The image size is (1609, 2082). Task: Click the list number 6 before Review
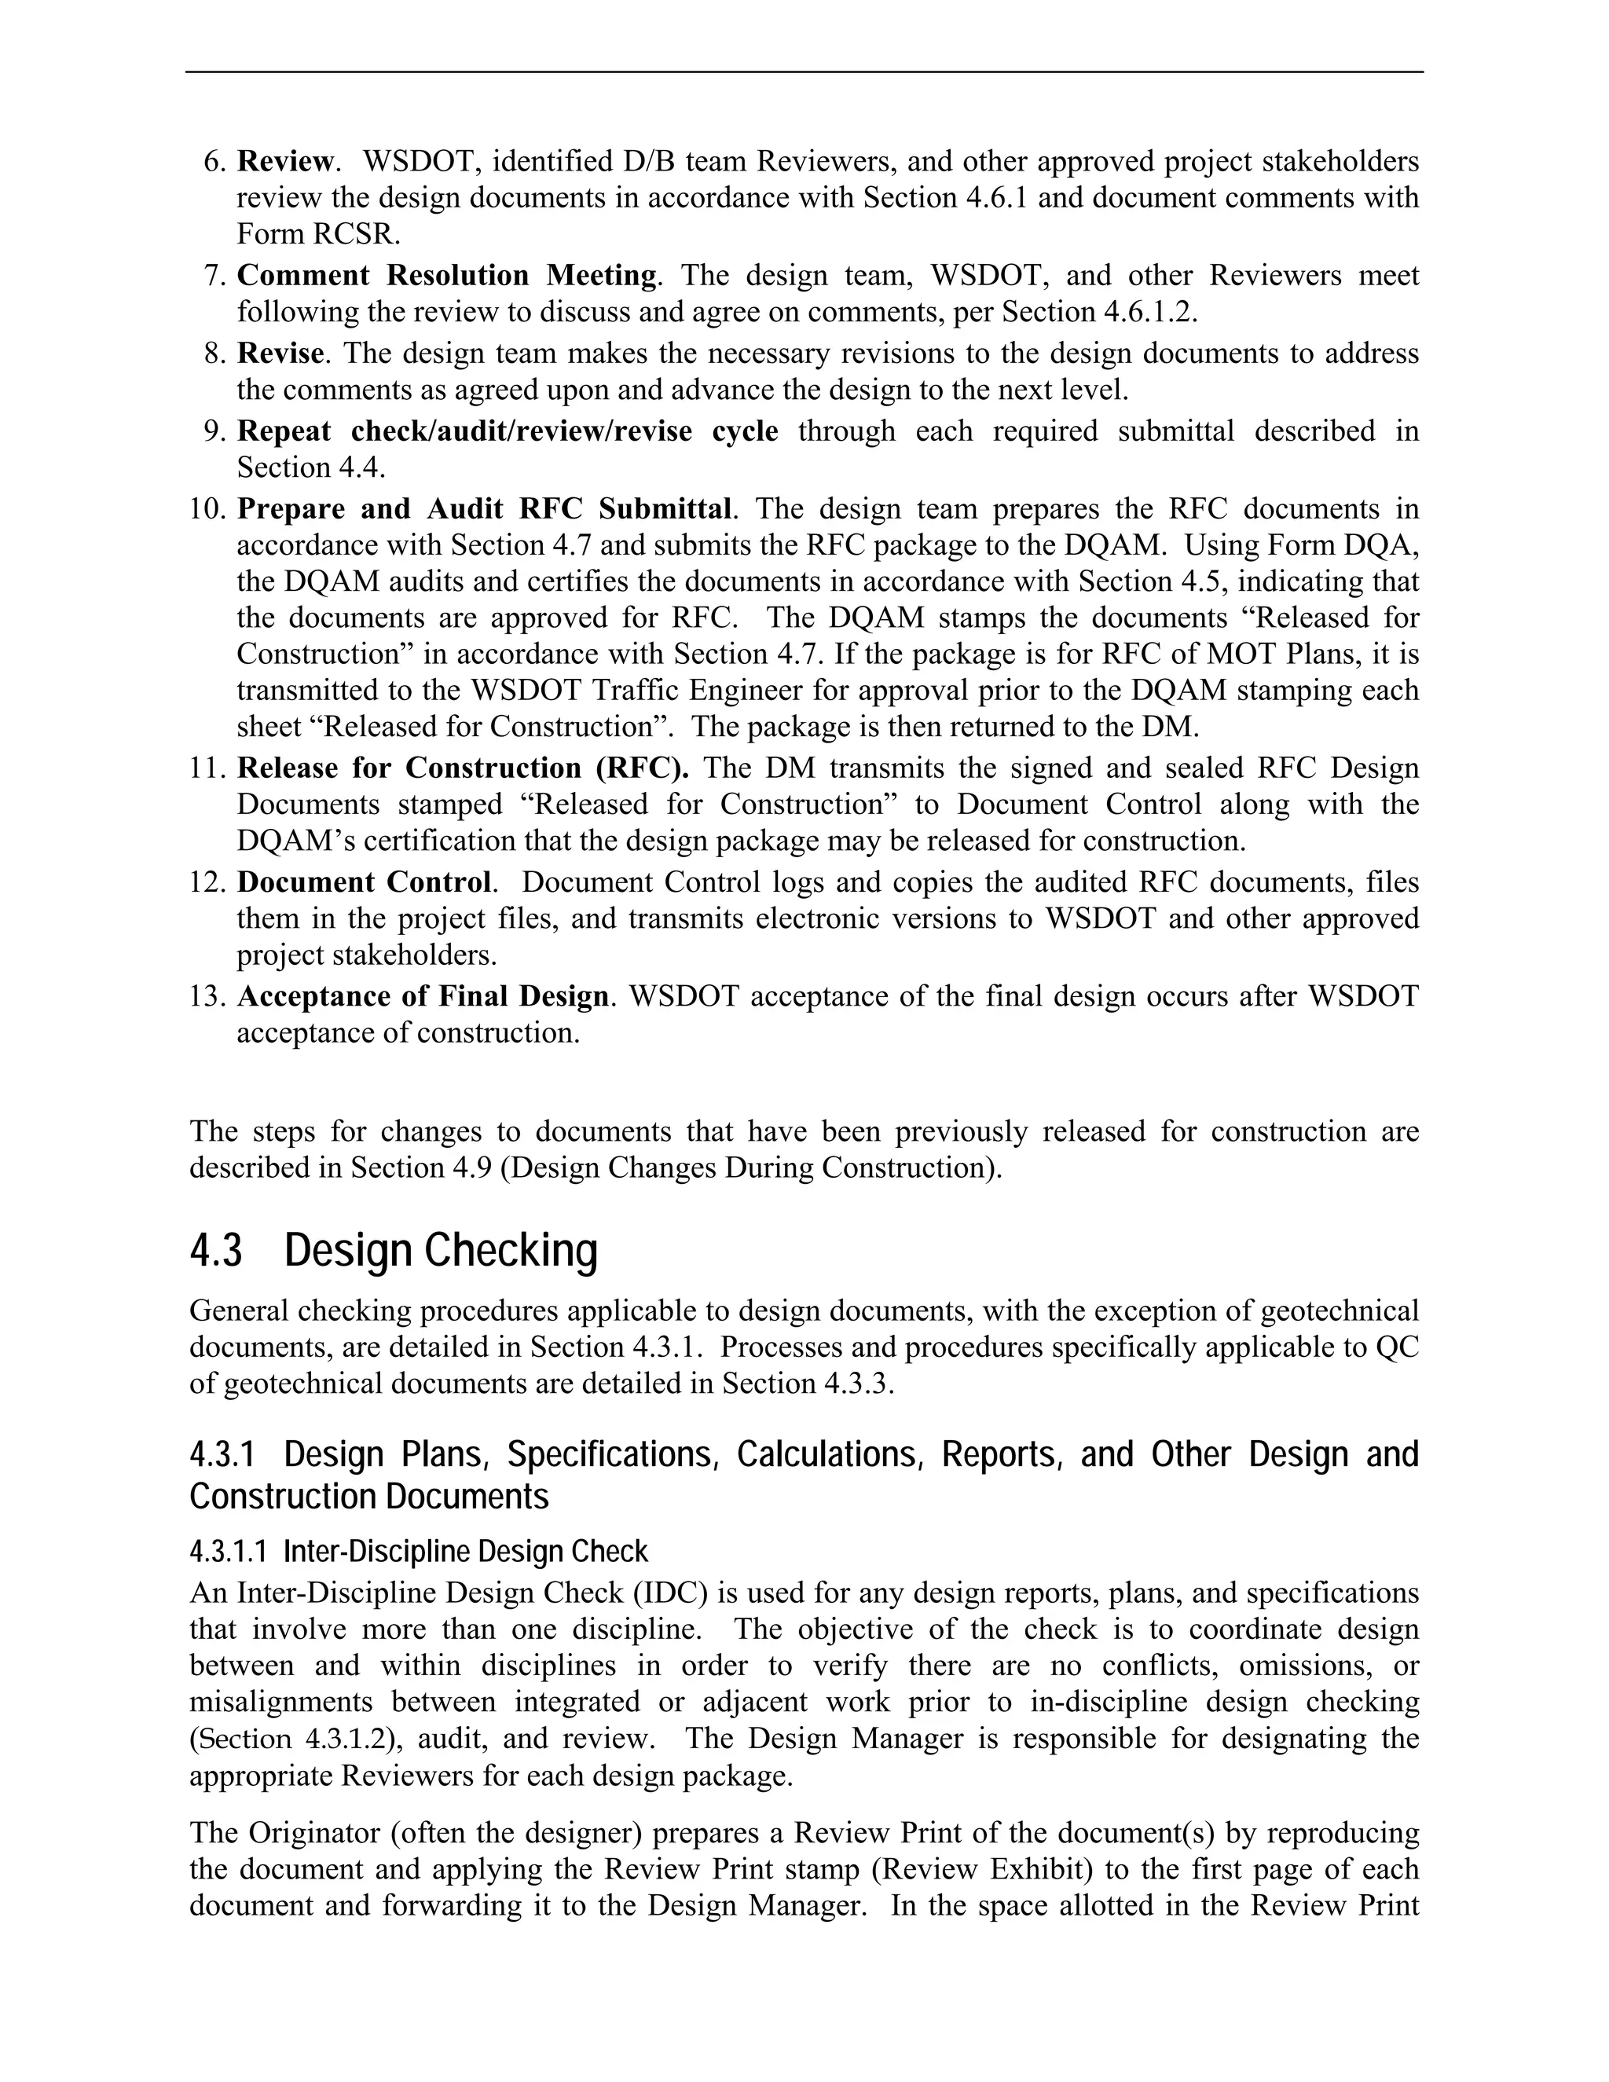coord(214,162)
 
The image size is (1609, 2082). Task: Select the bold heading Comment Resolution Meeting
coord(446,276)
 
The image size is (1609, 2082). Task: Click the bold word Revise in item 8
coord(280,354)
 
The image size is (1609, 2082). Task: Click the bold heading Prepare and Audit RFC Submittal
coord(484,509)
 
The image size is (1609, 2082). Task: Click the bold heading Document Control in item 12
coord(363,883)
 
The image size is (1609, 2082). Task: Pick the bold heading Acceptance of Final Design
coord(422,997)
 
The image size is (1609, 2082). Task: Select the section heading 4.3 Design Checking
coord(393,1251)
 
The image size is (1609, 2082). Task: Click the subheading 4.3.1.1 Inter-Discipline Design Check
coord(419,1552)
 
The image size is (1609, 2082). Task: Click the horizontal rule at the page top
coord(804,71)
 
